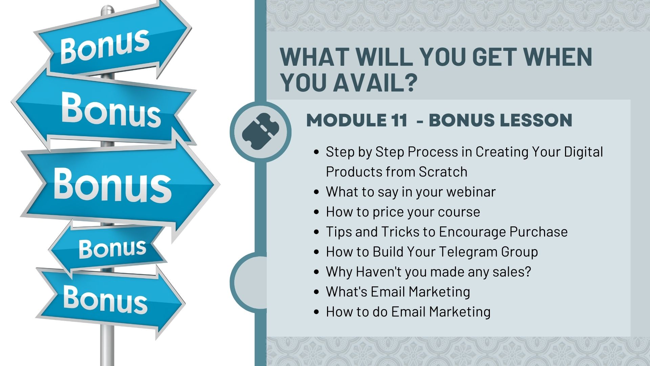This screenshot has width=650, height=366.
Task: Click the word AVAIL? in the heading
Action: pyautogui.click(x=374, y=82)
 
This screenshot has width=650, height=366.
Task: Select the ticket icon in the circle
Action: pyautogui.click(x=260, y=132)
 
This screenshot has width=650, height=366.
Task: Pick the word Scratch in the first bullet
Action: pyautogui.click(x=443, y=172)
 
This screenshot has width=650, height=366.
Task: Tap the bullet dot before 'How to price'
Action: pyautogui.click(x=317, y=212)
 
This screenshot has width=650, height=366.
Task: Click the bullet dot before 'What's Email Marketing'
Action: pyautogui.click(x=317, y=292)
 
